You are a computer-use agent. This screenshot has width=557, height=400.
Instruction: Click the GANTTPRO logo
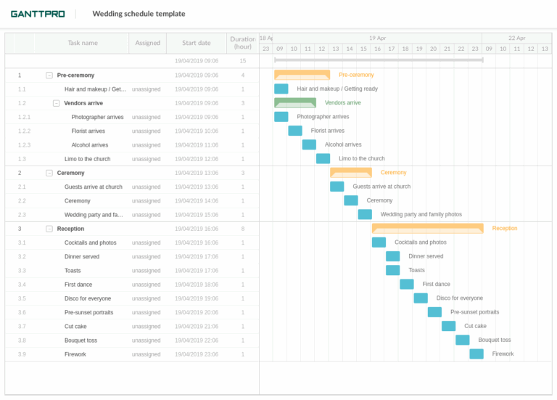click(x=37, y=14)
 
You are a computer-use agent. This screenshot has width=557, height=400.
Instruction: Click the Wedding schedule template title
click(x=139, y=14)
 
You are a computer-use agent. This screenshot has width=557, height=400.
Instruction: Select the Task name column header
click(x=83, y=43)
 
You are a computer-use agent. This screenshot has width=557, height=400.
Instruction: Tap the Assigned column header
click(x=147, y=43)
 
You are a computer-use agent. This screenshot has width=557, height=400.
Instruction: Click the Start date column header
click(x=197, y=43)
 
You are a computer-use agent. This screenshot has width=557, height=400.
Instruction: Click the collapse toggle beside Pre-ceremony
click(x=49, y=75)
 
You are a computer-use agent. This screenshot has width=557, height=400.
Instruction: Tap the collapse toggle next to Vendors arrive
click(x=56, y=103)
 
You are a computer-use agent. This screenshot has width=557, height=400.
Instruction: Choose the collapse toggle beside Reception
click(x=49, y=229)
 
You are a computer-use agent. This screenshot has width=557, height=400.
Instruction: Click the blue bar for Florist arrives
click(x=295, y=131)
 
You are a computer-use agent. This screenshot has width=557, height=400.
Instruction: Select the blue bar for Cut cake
click(x=448, y=326)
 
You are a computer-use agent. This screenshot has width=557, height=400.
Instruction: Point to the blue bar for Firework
click(x=476, y=354)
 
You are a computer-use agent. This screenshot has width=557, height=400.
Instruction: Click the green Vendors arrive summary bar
click(x=295, y=103)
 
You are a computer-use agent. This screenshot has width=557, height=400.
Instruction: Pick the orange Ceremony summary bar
click(x=351, y=173)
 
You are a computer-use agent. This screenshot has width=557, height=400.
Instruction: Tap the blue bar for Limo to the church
click(x=323, y=158)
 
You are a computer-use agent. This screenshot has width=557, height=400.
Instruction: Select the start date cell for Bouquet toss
click(x=197, y=340)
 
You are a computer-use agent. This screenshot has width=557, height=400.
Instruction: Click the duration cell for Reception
click(x=242, y=229)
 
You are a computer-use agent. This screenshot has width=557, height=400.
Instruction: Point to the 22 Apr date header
click(x=516, y=38)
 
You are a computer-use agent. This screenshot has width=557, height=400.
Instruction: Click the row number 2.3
click(x=22, y=215)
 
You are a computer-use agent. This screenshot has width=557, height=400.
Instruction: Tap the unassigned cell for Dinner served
click(x=147, y=256)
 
